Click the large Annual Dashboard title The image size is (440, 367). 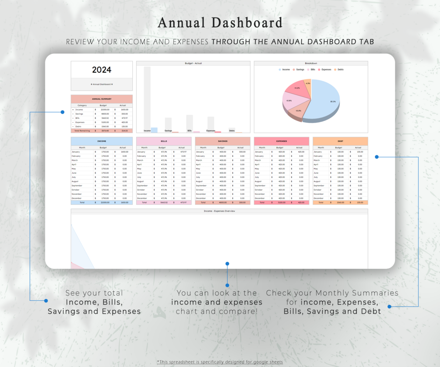pos(220,23)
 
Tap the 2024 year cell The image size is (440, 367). pos(102,70)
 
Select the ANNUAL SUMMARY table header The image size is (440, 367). pos(102,99)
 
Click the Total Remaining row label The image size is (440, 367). pos(82,131)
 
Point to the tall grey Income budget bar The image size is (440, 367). pos(147,99)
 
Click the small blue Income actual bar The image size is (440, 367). pos(154,130)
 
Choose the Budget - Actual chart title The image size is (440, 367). pos(193,64)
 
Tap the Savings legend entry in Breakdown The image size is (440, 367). pos(299,70)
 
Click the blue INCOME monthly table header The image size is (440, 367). pos(102,141)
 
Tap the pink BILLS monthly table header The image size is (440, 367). pos(164,141)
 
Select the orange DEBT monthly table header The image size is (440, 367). pos(340,141)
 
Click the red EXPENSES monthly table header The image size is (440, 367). pos(282,141)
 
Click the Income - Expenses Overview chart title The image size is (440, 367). pos(219,211)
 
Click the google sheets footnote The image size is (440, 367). pos(220,362)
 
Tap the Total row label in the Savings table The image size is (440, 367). pos(203,203)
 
